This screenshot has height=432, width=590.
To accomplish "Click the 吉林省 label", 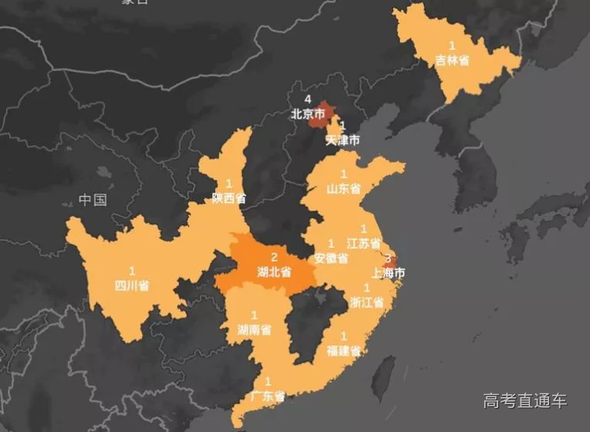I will [452, 61].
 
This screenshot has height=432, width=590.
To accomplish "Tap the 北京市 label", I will [308, 113].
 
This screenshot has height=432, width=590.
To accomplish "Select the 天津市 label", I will [342, 140].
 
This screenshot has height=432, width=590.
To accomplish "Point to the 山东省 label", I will [343, 187].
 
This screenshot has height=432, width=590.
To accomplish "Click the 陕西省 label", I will [229, 198].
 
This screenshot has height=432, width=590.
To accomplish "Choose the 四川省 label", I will [132, 285].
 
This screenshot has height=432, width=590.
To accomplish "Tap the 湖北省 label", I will [274, 272].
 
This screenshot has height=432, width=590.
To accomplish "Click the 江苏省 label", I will [363, 243].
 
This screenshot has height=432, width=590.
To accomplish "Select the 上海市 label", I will [389, 272].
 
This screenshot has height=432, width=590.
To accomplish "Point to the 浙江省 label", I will [366, 302].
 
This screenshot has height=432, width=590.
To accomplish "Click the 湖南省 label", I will [255, 330].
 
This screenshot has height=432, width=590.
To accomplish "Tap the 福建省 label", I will [343, 350].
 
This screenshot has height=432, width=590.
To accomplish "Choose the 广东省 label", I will [268, 397].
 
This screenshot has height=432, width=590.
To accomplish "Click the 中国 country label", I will [93, 201].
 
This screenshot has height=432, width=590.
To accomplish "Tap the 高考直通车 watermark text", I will [524, 400].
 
